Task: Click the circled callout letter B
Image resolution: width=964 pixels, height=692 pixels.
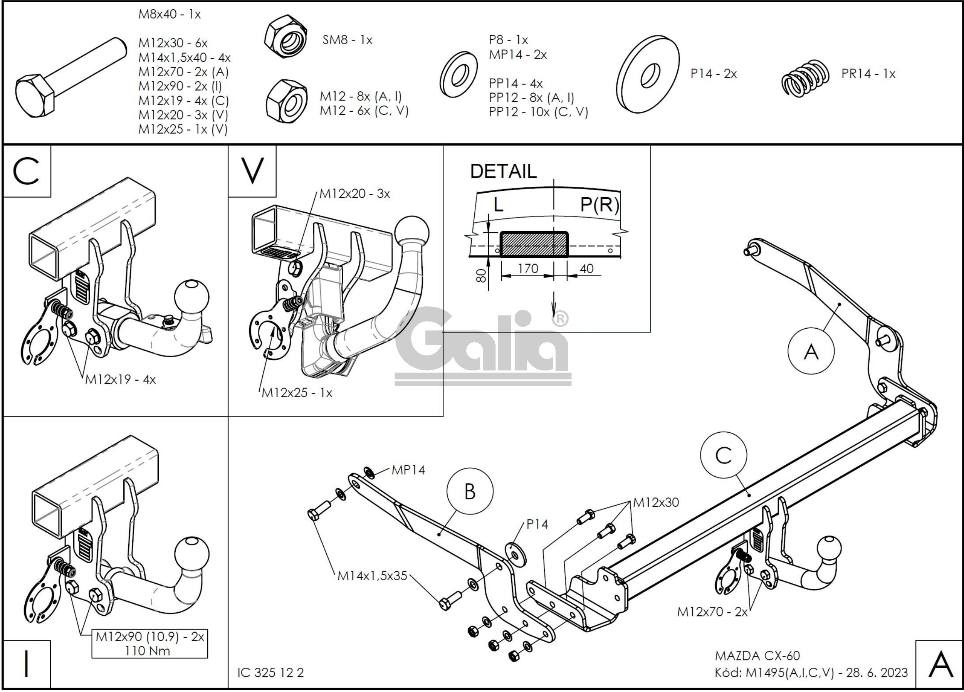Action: (x=470, y=491)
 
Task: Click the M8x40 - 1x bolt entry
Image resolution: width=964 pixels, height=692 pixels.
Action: (x=169, y=15)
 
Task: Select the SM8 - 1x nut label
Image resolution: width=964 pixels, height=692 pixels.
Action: (x=347, y=40)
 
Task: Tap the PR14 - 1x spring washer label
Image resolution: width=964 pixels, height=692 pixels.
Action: (x=868, y=74)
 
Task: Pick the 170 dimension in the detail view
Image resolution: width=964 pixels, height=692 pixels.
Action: (x=528, y=269)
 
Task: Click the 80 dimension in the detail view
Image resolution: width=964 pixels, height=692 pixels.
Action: (x=481, y=275)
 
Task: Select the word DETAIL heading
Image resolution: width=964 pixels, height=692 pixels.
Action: (x=503, y=171)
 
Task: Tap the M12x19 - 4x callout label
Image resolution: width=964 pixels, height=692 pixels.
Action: (x=120, y=379)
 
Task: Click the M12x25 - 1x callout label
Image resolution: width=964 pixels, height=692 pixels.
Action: (x=296, y=393)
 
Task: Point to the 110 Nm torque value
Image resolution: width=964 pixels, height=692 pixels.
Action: (x=147, y=651)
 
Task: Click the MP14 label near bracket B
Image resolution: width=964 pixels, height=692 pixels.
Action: (x=408, y=470)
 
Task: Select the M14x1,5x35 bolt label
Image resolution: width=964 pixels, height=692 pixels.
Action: (x=372, y=576)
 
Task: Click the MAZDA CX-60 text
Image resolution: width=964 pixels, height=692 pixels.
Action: (x=757, y=656)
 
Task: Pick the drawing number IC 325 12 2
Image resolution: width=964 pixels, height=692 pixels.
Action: (x=270, y=672)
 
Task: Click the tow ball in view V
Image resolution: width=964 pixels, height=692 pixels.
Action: (x=411, y=232)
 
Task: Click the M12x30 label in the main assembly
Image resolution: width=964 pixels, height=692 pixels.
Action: (x=656, y=502)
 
